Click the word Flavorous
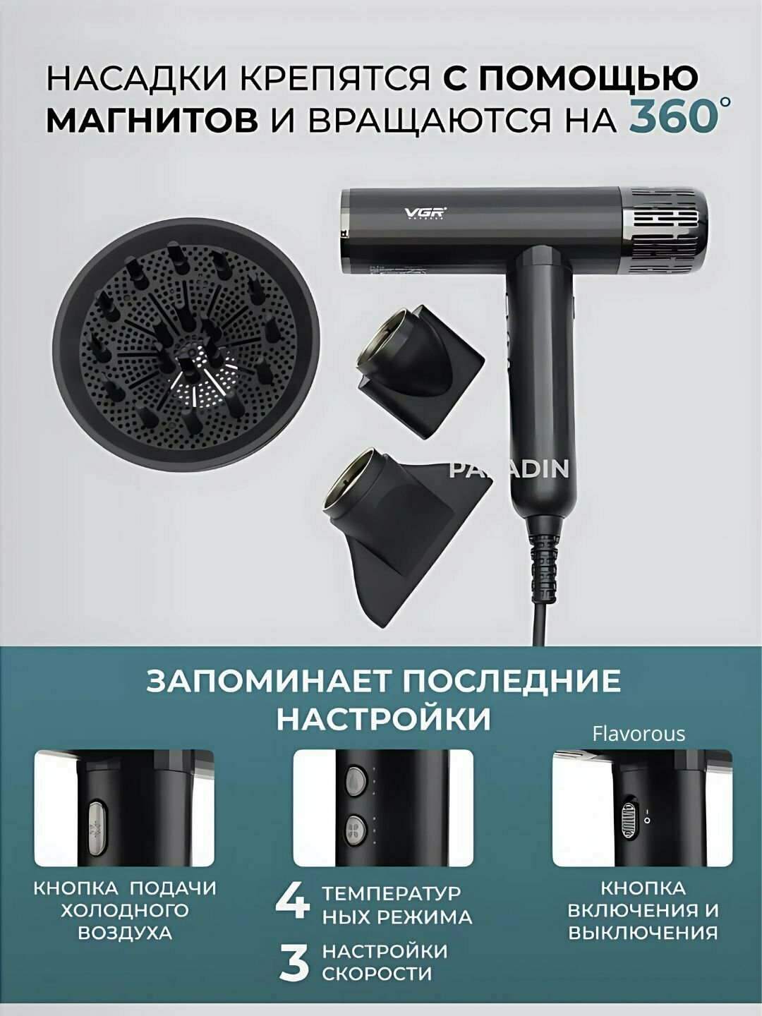click(639, 734)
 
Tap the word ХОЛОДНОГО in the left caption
click(125, 910)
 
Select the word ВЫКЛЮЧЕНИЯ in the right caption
click(643, 933)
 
